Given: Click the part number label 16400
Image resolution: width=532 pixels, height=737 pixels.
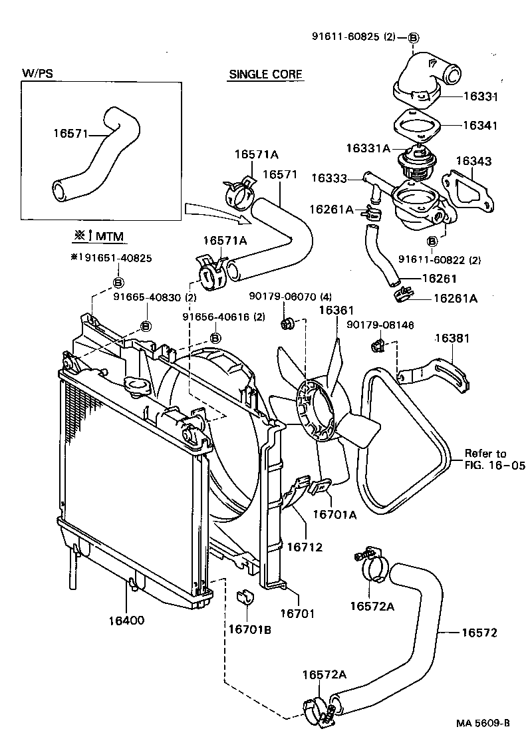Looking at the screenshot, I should click(x=126, y=621).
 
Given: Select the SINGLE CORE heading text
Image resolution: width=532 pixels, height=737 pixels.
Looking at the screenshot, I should click(x=266, y=74).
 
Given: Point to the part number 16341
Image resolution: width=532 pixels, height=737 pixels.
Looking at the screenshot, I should click(x=480, y=125).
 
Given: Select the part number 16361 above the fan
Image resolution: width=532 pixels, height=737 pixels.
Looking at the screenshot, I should click(x=336, y=310).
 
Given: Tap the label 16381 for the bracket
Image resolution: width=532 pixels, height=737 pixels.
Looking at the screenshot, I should click(x=452, y=339).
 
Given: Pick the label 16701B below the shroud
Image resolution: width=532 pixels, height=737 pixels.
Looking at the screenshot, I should click(x=249, y=630).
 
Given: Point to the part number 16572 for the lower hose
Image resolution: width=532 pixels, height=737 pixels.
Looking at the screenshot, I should click(x=479, y=633).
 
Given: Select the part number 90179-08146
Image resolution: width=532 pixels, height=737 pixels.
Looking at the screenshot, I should click(x=380, y=325).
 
